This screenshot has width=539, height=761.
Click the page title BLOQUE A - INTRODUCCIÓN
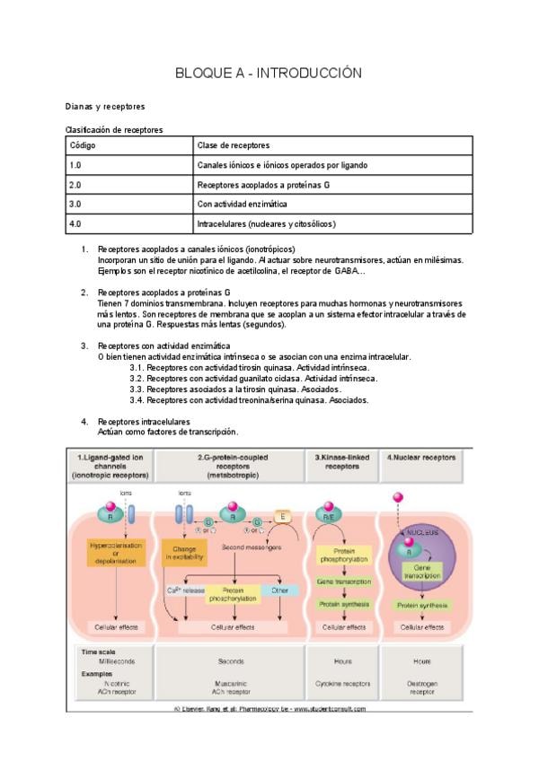point(269,73)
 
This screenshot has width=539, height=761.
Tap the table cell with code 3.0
point(129,205)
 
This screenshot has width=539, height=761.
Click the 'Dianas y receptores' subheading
point(106,106)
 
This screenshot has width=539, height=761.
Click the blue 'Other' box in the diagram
point(281,590)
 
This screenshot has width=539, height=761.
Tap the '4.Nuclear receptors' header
point(421,458)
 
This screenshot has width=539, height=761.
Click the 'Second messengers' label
point(246,547)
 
